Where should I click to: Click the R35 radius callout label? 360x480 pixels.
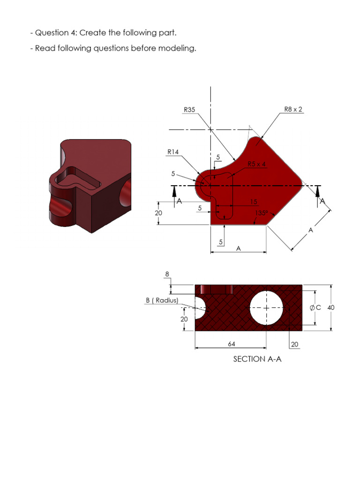[x=189, y=110]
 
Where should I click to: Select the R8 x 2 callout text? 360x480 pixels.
[x=293, y=109]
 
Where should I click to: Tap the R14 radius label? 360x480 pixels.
[x=173, y=152]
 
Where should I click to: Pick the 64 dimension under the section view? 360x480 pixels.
[x=232, y=344]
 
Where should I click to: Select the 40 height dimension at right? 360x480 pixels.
[x=331, y=307]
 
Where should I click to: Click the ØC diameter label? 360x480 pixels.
[x=315, y=307]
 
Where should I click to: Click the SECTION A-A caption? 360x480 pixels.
[x=257, y=359]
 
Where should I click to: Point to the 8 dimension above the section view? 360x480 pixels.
[x=167, y=274]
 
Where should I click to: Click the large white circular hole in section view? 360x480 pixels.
[x=266, y=308]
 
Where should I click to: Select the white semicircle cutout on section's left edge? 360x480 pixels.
[x=200, y=307]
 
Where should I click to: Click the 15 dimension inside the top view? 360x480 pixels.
[x=253, y=202]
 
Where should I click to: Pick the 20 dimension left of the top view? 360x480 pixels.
[x=158, y=213]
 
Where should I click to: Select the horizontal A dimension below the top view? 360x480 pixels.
[x=238, y=249]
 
